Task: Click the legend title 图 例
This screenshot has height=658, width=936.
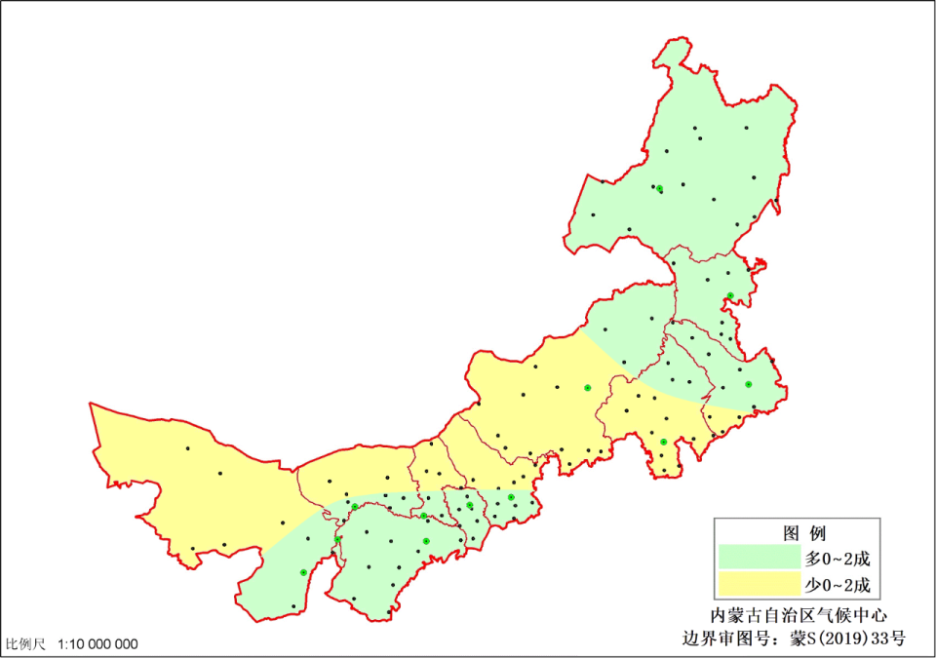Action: click(x=804, y=533)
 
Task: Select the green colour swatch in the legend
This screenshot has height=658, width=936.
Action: click(x=758, y=558)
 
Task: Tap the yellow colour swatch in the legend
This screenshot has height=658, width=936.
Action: click(x=758, y=586)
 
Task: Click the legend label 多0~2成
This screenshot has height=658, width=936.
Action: click(x=836, y=559)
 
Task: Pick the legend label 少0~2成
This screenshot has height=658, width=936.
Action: click(x=836, y=587)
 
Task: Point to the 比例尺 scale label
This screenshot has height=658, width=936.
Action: click(x=26, y=644)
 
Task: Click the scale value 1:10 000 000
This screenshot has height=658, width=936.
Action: click(x=98, y=644)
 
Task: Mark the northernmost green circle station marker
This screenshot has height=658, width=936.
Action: click(x=660, y=188)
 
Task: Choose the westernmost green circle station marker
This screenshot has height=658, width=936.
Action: click(x=303, y=572)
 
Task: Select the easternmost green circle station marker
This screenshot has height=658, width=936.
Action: click(x=748, y=384)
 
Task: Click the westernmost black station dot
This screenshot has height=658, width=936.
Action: click(x=187, y=448)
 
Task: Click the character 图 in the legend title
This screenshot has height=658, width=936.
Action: click(x=792, y=533)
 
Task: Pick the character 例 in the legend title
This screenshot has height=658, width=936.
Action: click(x=818, y=533)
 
